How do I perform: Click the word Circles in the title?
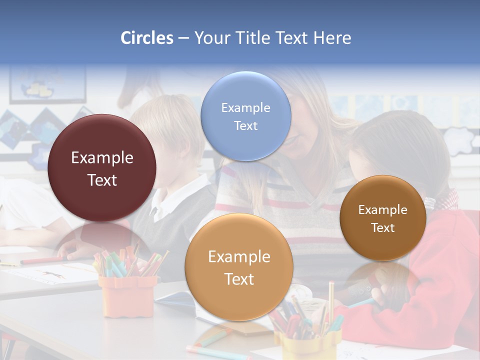tap(147, 38)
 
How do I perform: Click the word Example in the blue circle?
tap(245, 107)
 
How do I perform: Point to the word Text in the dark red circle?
tap(102, 180)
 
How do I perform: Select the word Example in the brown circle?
tap(383, 209)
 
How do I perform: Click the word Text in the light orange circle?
tap(239, 279)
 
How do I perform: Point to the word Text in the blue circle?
tap(245, 125)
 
